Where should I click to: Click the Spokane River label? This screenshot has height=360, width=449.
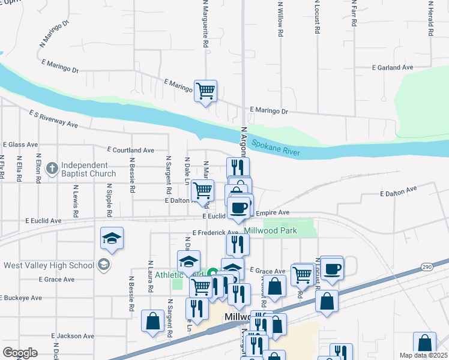(276, 148)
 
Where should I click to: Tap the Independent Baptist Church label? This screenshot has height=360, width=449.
(88, 170)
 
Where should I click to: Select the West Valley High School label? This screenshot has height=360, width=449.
(49, 265)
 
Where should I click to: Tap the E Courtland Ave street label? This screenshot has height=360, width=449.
(130, 150)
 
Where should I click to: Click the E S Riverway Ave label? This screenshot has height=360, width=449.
(54, 118)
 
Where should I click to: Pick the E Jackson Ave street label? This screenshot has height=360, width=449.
(73, 336)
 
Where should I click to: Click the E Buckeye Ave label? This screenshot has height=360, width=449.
(21, 298)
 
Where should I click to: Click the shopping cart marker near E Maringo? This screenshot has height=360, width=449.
(205, 91)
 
